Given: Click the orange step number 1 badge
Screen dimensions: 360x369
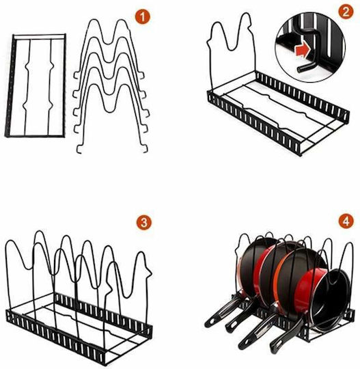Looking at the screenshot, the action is (143, 17).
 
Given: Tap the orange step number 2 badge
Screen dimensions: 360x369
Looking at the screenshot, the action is (346, 12).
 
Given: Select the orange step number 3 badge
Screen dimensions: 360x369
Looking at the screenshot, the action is (143, 222).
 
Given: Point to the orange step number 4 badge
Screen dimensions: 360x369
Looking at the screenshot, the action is (346, 221).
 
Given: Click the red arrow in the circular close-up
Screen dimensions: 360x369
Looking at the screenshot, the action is (303, 51).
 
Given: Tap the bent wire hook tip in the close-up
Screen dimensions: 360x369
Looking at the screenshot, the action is (299, 70).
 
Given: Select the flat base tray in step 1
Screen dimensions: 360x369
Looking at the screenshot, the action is (36, 85).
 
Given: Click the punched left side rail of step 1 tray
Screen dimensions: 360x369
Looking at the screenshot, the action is (10, 85).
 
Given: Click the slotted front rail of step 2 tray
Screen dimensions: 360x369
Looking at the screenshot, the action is (255, 124).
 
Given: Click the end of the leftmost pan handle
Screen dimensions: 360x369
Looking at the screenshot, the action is (208, 324).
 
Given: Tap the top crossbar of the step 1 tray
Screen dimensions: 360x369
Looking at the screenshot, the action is (39, 36).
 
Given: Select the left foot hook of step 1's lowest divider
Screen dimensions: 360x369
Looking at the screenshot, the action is (79, 150).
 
